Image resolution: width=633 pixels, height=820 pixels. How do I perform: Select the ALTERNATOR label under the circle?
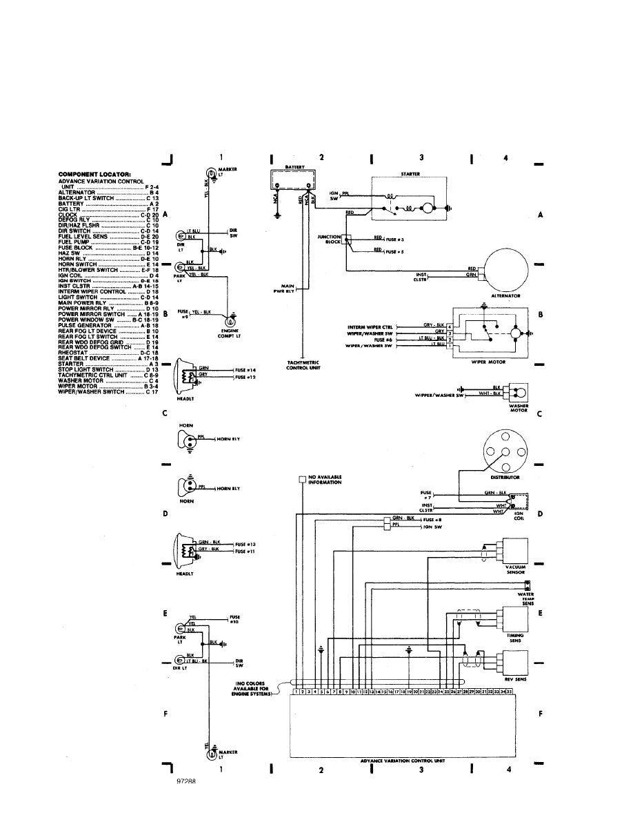coord(505,295)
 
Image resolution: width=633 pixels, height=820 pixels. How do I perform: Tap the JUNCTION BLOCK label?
coord(328,240)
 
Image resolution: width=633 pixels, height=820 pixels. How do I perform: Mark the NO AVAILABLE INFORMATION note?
coord(325,480)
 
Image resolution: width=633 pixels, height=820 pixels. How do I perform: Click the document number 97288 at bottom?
coord(186,783)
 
